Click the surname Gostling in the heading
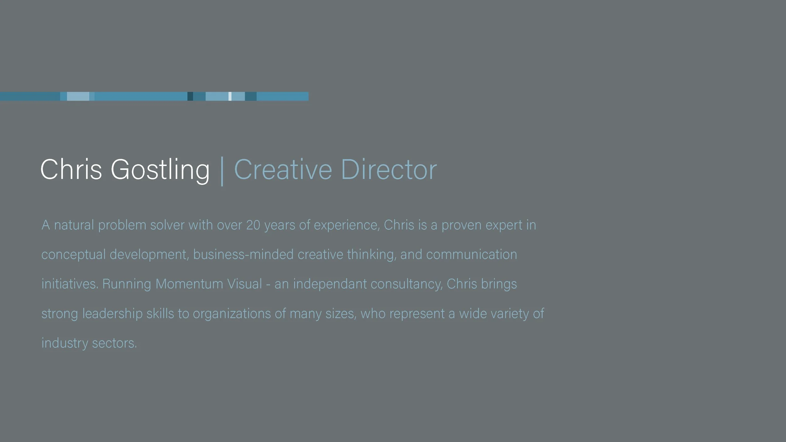click(160, 170)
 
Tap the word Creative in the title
click(283, 170)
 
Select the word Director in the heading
click(389, 170)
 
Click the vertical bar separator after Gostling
click(222, 171)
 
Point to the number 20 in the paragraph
click(253, 225)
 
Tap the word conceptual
click(74, 255)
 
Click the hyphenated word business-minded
click(243, 255)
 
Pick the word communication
click(472, 255)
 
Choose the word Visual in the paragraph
click(245, 284)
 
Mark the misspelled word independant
click(330, 284)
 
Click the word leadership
click(113, 313)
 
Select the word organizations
click(232, 313)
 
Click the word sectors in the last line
click(114, 343)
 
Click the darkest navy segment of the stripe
click(190, 96)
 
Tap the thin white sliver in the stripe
click(230, 96)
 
